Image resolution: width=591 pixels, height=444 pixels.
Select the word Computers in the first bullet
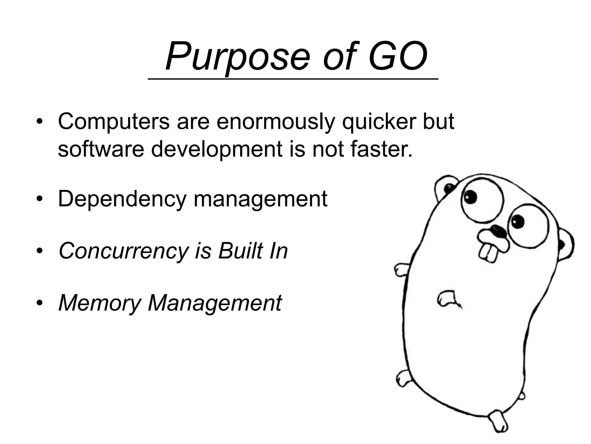[x=114, y=121]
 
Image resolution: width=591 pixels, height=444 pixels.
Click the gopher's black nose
[x=498, y=231]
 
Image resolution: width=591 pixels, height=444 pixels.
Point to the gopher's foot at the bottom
[x=499, y=423]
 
